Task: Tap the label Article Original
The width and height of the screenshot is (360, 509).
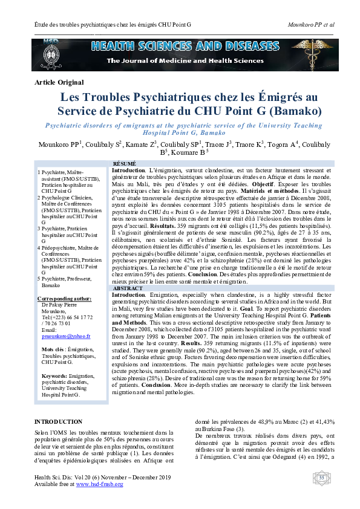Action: point(59,82)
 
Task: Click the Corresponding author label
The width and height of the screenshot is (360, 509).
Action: point(64,299)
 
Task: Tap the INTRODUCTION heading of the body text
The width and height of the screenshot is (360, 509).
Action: point(58,404)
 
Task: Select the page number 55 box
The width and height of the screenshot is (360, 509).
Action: point(322,478)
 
